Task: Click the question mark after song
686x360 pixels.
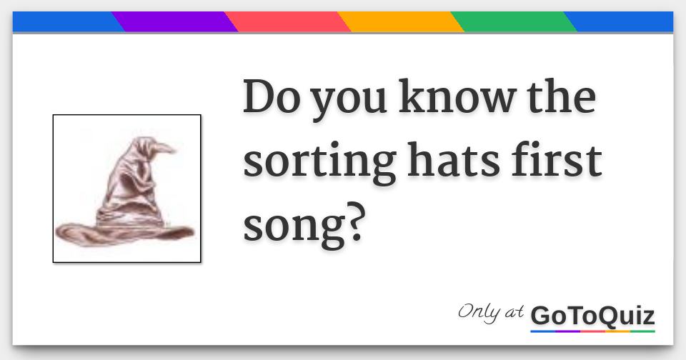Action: click(x=355, y=223)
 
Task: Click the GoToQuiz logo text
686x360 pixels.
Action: click(x=592, y=316)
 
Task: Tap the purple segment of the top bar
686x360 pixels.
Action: click(x=174, y=22)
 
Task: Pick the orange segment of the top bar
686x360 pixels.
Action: click(x=400, y=22)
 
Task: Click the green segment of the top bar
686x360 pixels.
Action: click(x=513, y=22)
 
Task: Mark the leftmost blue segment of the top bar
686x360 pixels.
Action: click(x=64, y=22)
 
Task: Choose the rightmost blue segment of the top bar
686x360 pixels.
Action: click(x=622, y=22)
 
